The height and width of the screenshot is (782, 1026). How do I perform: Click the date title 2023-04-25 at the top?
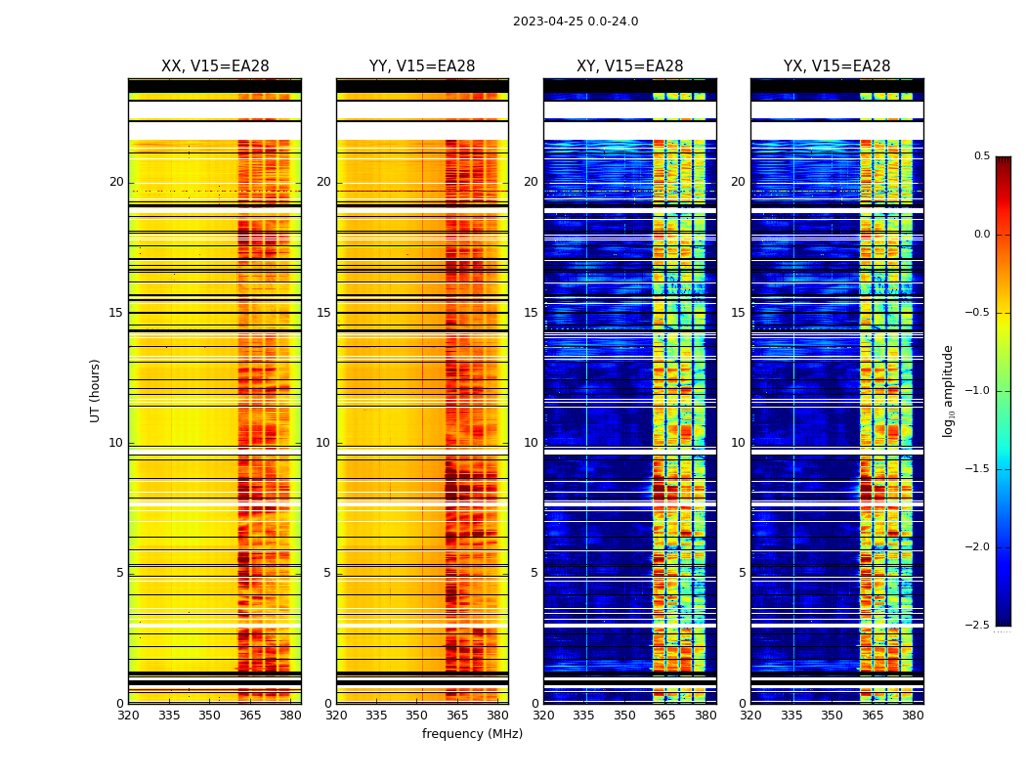tap(576, 22)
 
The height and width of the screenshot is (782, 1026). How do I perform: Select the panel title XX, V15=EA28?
tap(215, 66)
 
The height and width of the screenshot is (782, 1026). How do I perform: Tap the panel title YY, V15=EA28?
tap(422, 66)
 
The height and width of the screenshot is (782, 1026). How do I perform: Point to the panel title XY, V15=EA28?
tap(629, 66)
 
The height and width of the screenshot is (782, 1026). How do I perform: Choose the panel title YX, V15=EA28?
tap(836, 66)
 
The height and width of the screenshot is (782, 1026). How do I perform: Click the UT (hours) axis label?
tap(95, 390)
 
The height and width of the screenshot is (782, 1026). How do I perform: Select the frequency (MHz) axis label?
tap(472, 734)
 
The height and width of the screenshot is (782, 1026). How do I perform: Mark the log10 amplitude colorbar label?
tap(948, 390)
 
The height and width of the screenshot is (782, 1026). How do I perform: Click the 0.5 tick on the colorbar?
tap(981, 156)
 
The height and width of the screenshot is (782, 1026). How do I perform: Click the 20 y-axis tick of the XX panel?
tap(116, 182)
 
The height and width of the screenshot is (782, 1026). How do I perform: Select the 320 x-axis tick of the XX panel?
tap(128, 716)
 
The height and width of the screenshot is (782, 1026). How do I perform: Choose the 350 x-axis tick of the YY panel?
tap(417, 716)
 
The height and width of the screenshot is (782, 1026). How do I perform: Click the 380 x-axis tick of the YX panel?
tap(913, 716)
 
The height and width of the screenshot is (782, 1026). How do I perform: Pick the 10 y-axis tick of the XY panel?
tap(531, 443)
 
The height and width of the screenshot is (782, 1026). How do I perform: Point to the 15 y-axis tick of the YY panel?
tap(323, 313)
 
